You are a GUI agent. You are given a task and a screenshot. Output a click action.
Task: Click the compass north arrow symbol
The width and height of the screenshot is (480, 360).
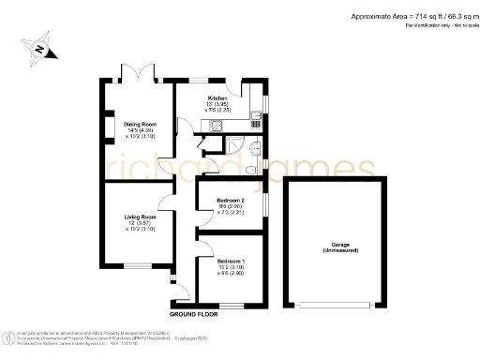[40, 49]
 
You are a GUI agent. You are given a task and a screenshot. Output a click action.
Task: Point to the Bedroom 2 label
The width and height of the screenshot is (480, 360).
[231, 202]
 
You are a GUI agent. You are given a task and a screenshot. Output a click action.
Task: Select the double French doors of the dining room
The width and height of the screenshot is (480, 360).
[136, 71]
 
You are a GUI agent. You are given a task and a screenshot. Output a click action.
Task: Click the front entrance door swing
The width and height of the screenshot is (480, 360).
[172, 278]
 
